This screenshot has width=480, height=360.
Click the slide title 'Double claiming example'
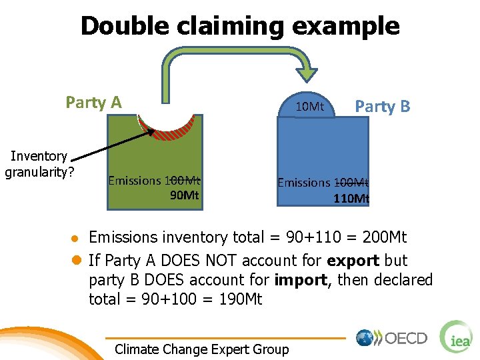240,26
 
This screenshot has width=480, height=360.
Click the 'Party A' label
93,103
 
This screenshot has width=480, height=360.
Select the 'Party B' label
382,107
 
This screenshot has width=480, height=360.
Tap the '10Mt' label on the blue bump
309,107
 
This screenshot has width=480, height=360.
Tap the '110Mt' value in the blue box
351,198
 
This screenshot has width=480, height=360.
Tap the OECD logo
392,338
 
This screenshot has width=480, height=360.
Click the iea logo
457,337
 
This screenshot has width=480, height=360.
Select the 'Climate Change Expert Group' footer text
202,349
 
